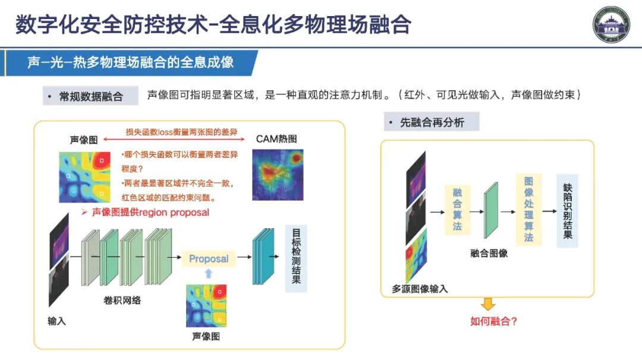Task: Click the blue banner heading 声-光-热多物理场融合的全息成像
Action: [x=131, y=62]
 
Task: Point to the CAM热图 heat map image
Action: [x=278, y=173]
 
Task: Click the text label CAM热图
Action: [x=276, y=139]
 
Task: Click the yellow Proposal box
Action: [x=209, y=258]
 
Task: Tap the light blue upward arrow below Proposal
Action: [x=208, y=273]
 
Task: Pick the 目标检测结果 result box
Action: [x=296, y=258]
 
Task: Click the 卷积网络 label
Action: [x=122, y=301]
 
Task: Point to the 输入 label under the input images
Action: [x=57, y=321]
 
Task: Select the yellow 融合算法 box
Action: [x=457, y=210]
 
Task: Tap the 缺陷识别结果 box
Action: [x=567, y=211]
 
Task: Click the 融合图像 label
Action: [x=489, y=253]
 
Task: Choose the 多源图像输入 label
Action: [x=420, y=289]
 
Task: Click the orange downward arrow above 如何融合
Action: [x=488, y=304]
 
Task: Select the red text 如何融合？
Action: [x=493, y=321]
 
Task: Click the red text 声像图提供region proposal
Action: [x=150, y=212]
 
